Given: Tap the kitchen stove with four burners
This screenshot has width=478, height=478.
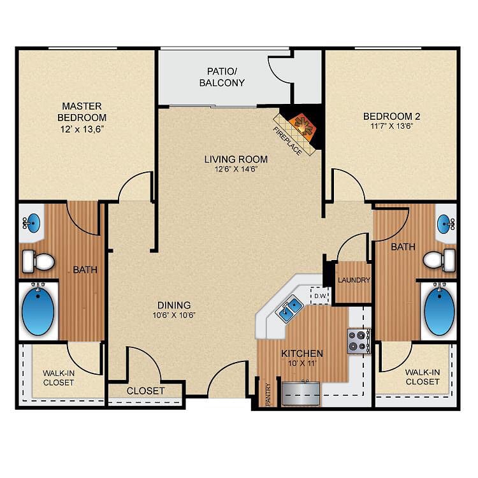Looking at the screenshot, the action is [358, 341].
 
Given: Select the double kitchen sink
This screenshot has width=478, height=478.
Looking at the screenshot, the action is [289, 308].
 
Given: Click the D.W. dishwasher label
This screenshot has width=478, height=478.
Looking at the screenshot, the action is [321, 296].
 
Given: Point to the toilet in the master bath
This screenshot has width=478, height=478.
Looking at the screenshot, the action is [38, 261].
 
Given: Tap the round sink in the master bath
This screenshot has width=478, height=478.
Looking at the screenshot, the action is [32, 223].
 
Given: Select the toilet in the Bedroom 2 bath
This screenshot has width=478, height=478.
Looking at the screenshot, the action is [440, 260].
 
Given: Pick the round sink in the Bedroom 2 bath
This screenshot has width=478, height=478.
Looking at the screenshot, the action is [445, 224].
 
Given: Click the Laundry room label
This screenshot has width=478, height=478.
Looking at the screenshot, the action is [354, 280].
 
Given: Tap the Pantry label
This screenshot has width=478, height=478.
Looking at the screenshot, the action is [268, 394].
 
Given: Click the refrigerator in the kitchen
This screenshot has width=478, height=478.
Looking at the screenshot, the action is [301, 393].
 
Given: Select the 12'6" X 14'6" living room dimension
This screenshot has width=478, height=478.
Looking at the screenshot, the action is [236, 169].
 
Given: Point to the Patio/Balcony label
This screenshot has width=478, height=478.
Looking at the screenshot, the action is [222, 77].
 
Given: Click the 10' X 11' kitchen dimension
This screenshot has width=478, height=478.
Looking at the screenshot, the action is [302, 363].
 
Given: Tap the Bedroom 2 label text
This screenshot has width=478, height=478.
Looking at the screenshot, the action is [392, 116].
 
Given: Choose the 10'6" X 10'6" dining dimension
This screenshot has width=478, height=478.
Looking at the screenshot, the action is [174, 315].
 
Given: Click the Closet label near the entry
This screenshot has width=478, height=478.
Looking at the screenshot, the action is [146, 391].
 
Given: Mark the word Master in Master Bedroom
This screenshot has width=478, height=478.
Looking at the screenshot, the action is [82, 106].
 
